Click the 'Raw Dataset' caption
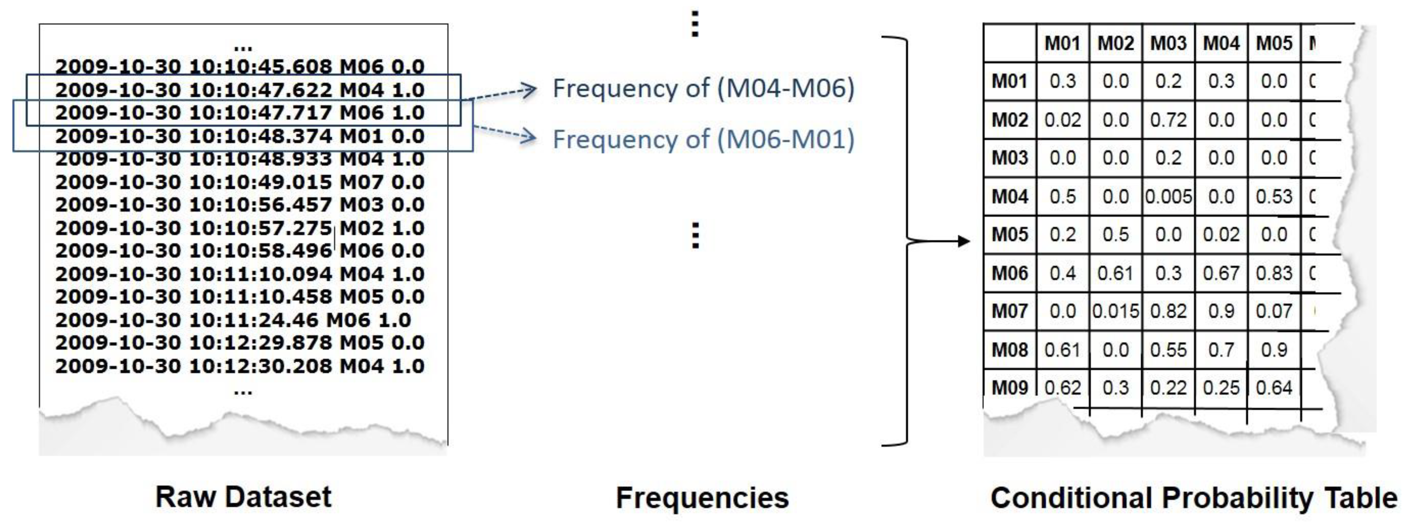243,496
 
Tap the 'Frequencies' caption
702,498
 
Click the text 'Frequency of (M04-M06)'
703,88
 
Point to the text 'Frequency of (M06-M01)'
703,139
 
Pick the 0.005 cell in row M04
1168,197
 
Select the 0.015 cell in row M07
1115,311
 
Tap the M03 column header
1168,43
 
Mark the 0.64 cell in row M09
1274,388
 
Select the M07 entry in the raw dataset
361,182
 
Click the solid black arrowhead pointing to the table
964,241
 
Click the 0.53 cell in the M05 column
1274,197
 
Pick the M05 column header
1274,43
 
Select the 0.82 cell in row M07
1168,311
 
